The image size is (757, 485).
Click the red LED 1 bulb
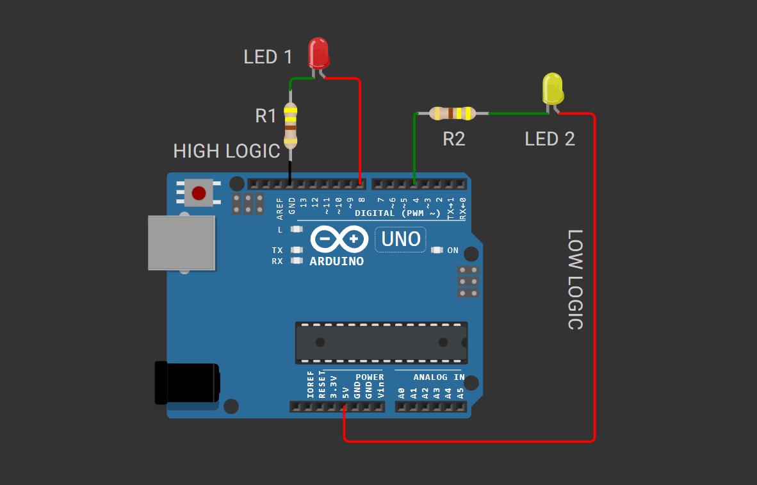point(318,53)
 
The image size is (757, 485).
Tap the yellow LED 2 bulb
point(553,88)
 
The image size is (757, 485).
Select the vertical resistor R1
point(291,125)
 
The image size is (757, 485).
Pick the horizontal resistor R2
point(452,113)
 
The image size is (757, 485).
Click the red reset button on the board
point(199,192)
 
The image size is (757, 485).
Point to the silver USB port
point(181,243)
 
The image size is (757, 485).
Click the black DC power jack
point(187,383)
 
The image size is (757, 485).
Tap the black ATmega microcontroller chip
point(381,342)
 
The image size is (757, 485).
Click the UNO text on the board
point(401,239)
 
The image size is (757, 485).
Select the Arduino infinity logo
point(339,240)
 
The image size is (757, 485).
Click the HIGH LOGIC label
point(227,151)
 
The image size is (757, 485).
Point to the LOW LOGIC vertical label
point(575,279)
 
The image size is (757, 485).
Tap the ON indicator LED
point(437,250)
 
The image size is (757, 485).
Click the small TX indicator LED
point(297,250)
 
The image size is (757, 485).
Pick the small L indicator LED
point(297,229)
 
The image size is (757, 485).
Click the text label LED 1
point(268,57)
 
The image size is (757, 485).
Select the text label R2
point(453,138)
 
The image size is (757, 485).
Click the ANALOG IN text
point(439,377)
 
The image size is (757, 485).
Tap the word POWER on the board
point(370,377)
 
